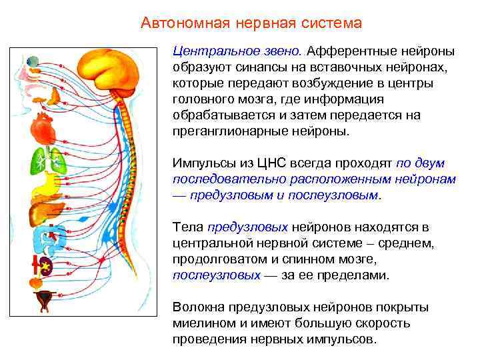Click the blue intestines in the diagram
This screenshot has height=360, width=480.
pyautogui.click(x=49, y=237)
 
